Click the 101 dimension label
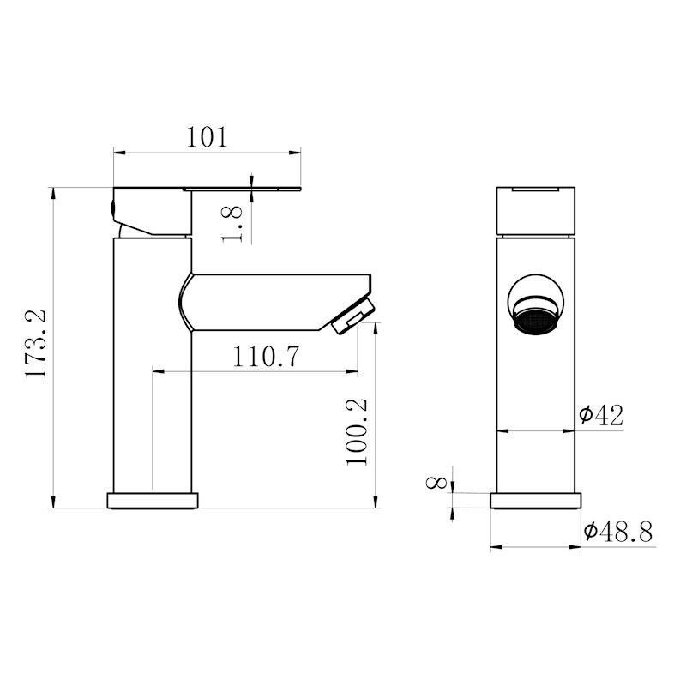pyautogui.click(x=207, y=137)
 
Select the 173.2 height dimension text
pyautogui.click(x=35, y=344)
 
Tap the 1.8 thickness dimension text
pyautogui.click(x=232, y=225)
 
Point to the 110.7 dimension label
pyautogui.click(x=266, y=357)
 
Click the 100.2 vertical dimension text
pyautogui.click(x=357, y=432)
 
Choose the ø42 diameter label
pyautogui.click(x=601, y=415)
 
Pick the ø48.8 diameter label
pyautogui.click(x=617, y=532)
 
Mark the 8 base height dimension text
pyautogui.click(x=436, y=483)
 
